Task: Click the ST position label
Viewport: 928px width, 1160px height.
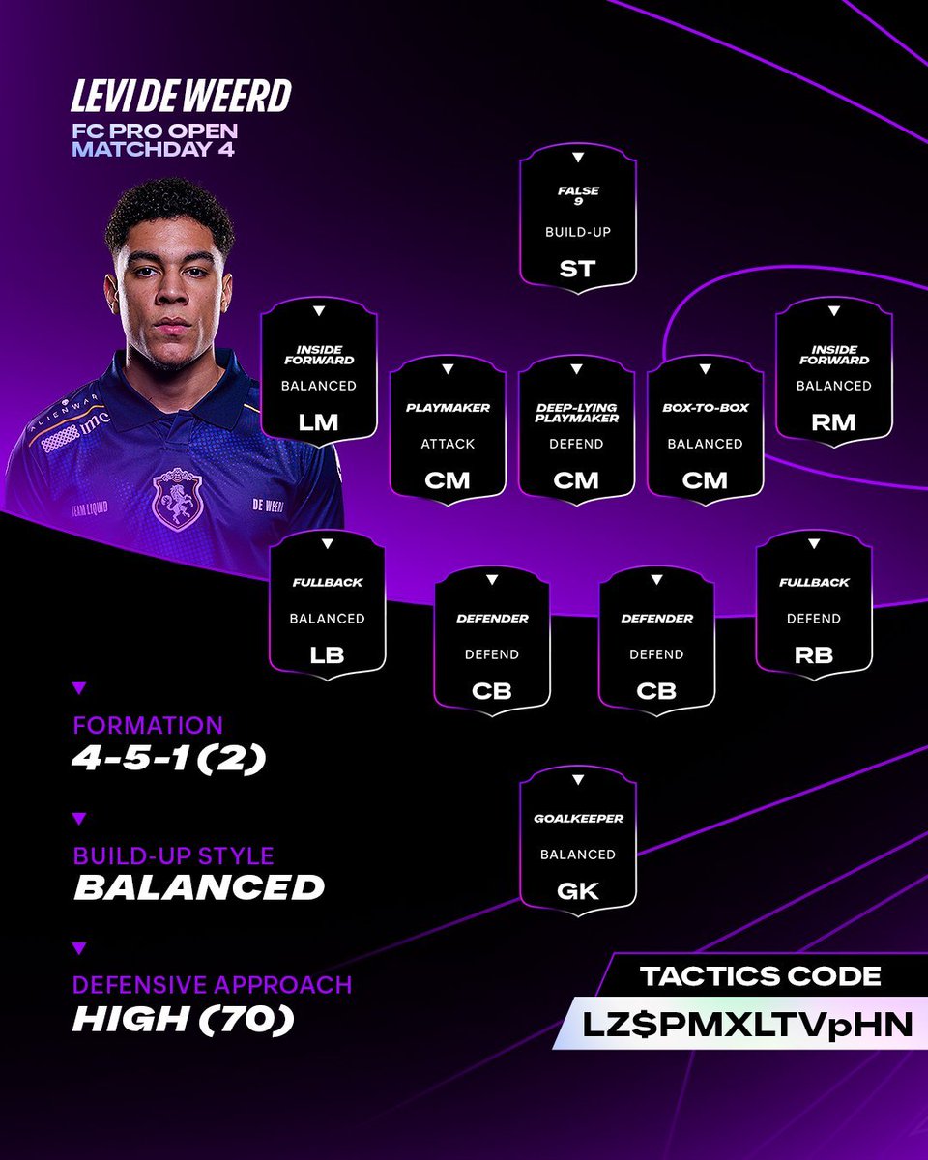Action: coord(577,268)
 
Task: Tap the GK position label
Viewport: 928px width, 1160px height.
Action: coord(577,890)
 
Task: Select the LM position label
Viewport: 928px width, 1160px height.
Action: coord(318,421)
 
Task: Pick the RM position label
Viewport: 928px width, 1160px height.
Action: coord(833,421)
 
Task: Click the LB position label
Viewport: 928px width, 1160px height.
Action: coord(327,654)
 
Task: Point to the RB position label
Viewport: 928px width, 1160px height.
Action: coord(813,654)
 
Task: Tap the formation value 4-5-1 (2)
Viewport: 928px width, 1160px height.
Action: coord(169,759)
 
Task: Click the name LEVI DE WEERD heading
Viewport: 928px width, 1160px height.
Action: coord(181,97)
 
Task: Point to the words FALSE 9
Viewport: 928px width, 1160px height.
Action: coord(577,196)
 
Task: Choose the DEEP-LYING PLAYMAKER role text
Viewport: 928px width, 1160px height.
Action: coord(576,413)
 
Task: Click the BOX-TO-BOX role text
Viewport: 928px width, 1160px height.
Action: coord(705,408)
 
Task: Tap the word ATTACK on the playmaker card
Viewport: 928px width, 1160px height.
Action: coord(448,444)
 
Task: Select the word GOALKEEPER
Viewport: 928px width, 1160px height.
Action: coord(577,819)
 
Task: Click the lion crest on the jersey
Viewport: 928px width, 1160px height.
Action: coord(178,499)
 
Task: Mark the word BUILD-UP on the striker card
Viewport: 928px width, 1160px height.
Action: coord(577,233)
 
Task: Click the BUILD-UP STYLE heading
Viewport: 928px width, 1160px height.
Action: coord(174,855)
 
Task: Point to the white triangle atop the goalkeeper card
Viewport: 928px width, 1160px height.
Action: coord(577,780)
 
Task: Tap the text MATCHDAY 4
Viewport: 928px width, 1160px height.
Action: coord(151,150)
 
